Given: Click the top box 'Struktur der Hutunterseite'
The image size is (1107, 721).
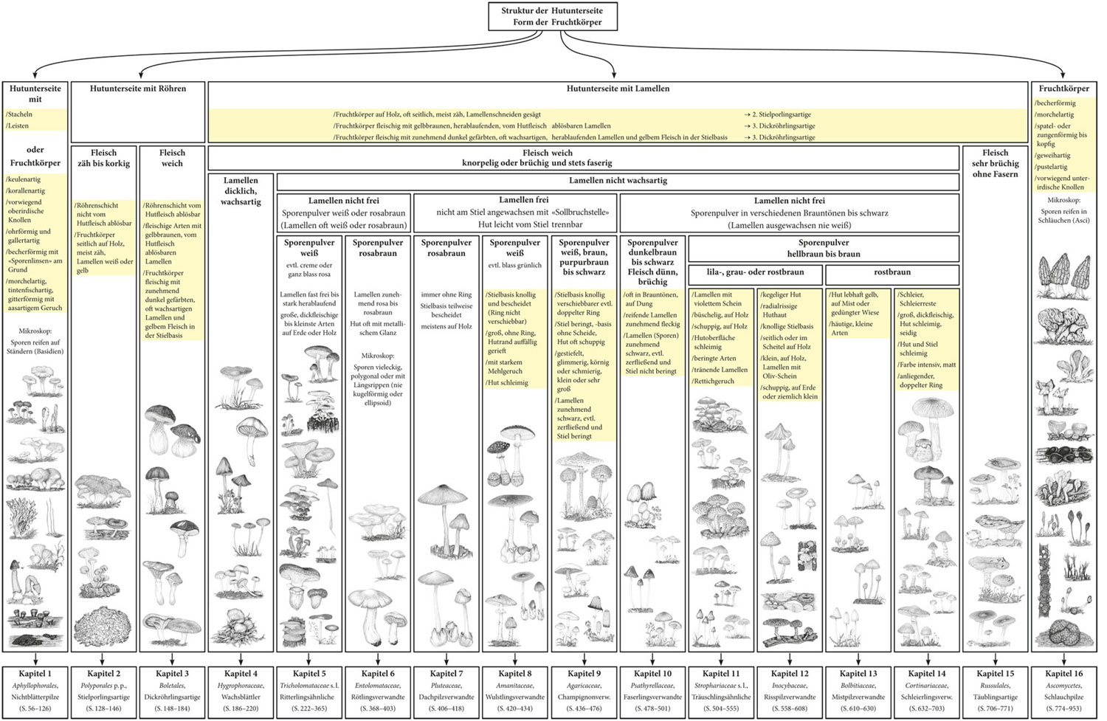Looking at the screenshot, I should tap(551, 16).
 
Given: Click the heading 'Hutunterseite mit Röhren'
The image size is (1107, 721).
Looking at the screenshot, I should tap(138, 89).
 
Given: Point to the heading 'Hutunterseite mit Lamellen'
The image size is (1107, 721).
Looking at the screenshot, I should tap(618, 89).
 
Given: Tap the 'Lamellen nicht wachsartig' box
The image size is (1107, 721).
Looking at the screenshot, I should tap(617, 181).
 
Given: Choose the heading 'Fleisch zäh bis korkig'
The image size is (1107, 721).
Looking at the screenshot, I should tap(103, 158).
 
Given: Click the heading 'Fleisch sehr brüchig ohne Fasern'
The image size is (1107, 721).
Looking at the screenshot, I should tap(995, 163).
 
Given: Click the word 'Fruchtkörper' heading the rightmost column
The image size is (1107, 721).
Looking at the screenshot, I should tap(1063, 89).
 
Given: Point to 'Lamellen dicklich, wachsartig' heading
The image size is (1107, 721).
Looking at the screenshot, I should tap(241, 190).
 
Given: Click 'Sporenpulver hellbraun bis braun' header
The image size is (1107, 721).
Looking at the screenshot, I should tap(823, 248).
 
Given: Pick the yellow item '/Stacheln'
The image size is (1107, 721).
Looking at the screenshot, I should tap(20, 114).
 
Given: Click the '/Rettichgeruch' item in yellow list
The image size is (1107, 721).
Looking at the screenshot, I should tap(713, 382).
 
